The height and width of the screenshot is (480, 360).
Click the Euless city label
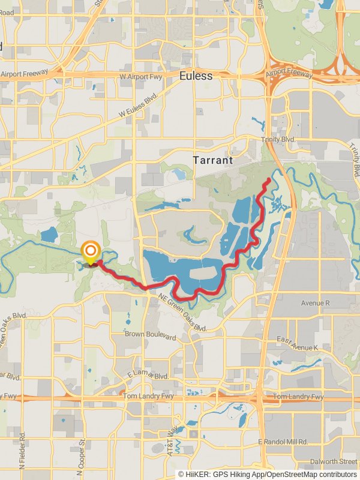[196, 76]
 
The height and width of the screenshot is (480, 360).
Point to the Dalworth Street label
[334, 461]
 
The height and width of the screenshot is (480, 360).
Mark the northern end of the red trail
[268, 179]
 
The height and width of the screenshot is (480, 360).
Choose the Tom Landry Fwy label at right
[298, 397]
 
